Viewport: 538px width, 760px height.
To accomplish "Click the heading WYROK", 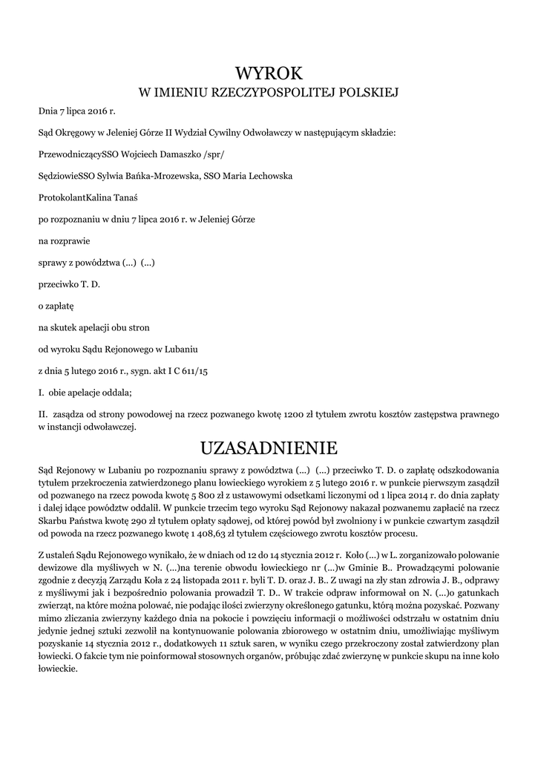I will (x=269, y=72).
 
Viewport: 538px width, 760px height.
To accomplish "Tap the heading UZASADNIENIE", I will (x=269, y=448).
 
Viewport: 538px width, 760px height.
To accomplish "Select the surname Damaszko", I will (x=178, y=156).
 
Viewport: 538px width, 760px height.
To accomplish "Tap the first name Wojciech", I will (x=136, y=156).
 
